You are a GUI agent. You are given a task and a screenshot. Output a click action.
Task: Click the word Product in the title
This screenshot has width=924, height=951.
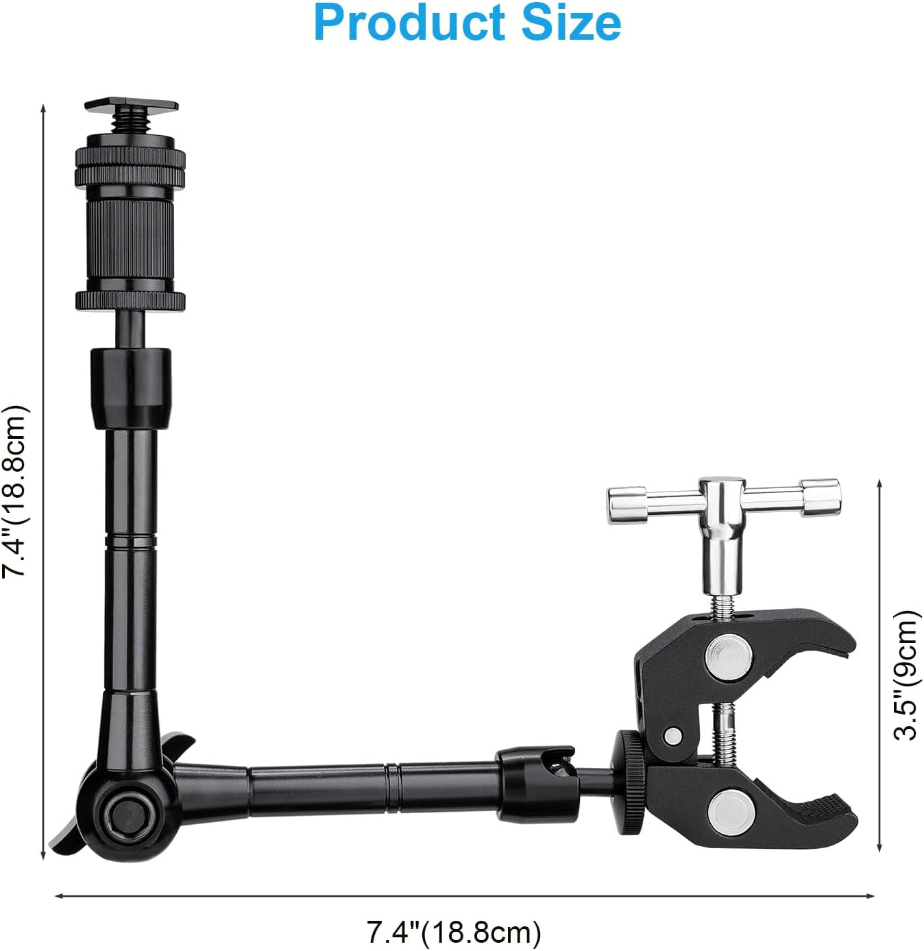409,23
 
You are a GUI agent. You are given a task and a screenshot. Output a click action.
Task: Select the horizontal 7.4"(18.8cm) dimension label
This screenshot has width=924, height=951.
454,932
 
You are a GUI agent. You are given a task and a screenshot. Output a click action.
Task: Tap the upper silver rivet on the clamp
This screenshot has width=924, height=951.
729,652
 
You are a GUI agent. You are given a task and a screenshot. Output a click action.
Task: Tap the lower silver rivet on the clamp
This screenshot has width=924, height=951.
729,808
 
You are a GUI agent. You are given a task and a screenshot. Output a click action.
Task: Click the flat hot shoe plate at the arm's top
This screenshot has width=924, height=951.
131,106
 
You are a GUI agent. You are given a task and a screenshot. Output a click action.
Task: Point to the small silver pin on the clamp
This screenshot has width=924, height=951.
672,736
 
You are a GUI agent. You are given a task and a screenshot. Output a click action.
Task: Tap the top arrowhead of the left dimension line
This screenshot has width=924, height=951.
43,110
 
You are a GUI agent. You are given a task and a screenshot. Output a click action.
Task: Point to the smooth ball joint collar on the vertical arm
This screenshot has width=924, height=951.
130,387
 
